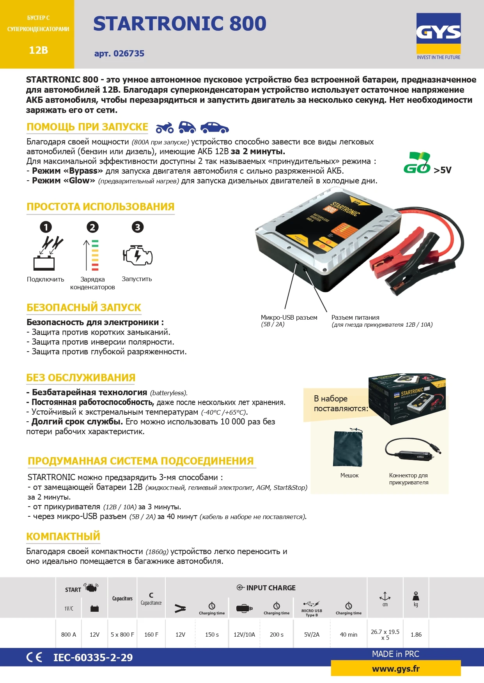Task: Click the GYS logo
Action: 438,33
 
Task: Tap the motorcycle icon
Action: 164,128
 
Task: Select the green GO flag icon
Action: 417,163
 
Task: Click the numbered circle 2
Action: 92,227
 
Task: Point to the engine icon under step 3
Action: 137,255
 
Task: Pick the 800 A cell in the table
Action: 69,634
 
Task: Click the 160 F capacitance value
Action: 151,634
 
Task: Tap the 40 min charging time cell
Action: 348,634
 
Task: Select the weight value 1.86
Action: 416,634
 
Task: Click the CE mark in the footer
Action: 34,657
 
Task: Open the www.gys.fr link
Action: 396,669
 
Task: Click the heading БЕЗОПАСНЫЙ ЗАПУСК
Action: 84,308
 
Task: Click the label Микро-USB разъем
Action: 289,317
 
